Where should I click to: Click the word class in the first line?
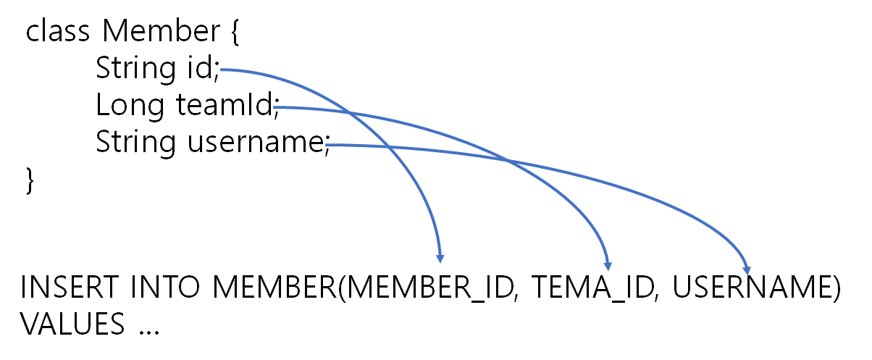click(x=59, y=31)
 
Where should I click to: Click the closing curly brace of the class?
click(x=30, y=180)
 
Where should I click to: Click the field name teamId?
click(x=224, y=106)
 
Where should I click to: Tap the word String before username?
click(x=135, y=143)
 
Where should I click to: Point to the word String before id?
click(x=135, y=69)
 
